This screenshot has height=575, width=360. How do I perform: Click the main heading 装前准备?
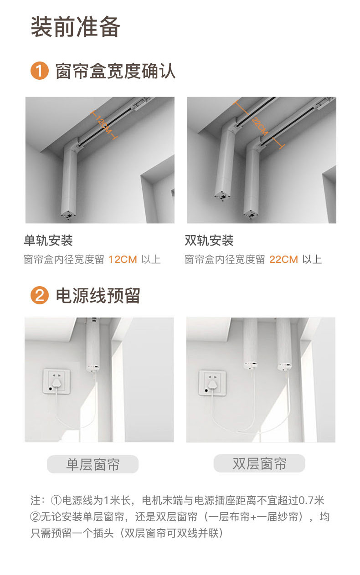coord(76,27)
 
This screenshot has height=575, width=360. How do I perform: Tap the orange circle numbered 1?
coord(39,72)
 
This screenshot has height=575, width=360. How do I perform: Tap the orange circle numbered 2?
coord(39,296)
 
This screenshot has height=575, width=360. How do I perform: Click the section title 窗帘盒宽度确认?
coord(115,72)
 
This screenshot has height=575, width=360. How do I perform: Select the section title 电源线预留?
coord(98,296)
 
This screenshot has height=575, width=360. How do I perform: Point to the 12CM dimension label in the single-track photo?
coord(104,124)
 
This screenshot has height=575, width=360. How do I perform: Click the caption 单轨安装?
coord(48,240)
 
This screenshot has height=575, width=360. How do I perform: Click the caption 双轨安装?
coord(209,240)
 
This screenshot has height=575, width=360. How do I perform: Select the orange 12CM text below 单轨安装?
coord(123,260)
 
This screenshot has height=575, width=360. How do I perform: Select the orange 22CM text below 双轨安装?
coord(283,260)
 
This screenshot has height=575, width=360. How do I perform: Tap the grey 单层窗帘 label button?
coord(93,464)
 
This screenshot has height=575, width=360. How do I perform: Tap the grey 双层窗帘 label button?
coord(259,464)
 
